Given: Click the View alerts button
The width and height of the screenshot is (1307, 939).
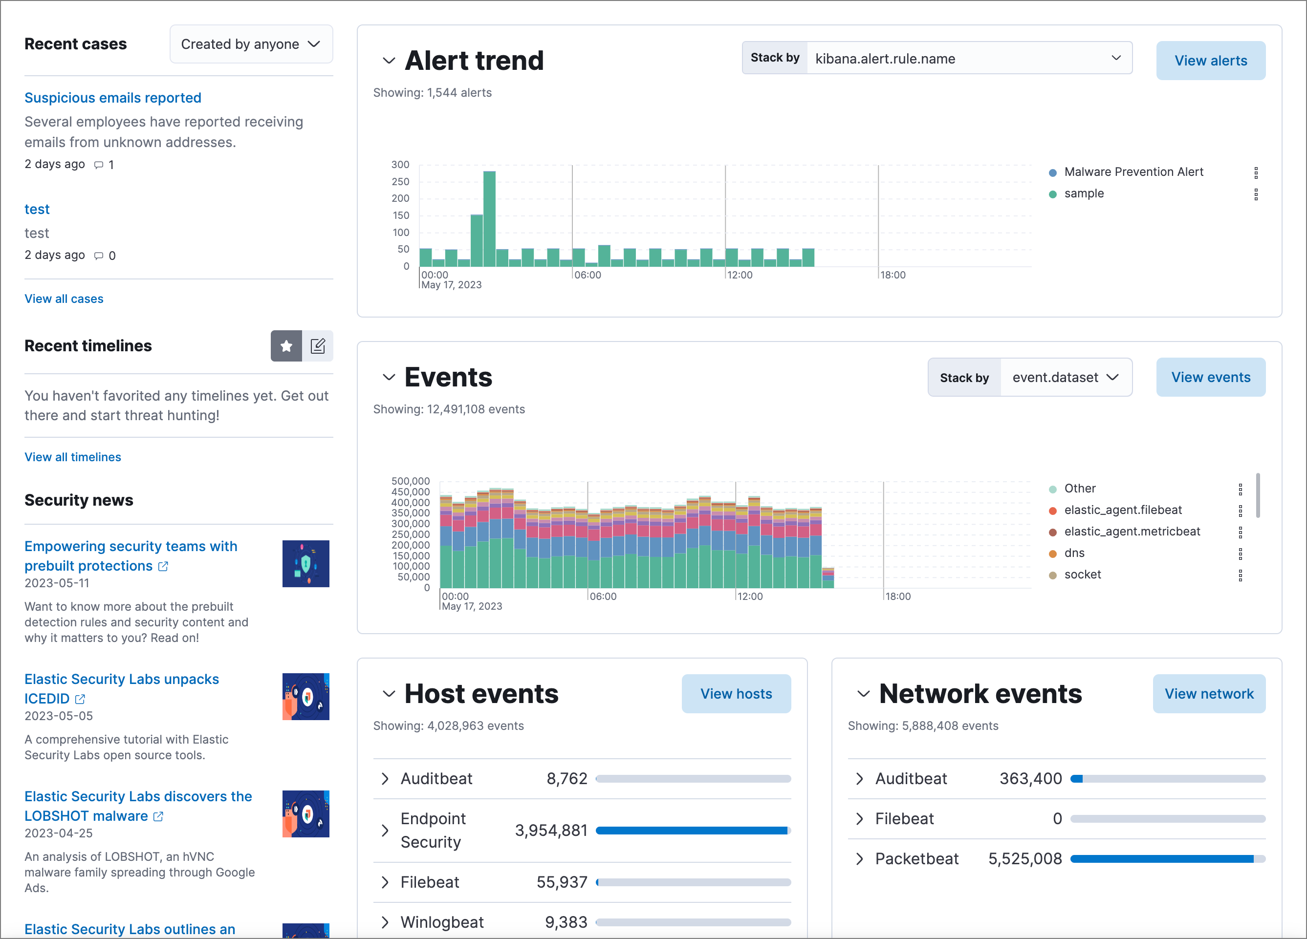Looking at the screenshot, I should (x=1210, y=61).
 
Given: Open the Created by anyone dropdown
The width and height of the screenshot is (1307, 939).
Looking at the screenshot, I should (x=251, y=44).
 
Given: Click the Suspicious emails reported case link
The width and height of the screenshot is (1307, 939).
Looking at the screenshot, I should (x=113, y=98).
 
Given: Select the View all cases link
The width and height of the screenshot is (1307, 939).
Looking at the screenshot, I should (x=64, y=299).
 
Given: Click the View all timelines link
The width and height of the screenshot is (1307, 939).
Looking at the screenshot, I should (x=73, y=457).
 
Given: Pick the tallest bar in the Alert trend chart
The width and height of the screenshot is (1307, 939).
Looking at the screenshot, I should (x=489, y=219).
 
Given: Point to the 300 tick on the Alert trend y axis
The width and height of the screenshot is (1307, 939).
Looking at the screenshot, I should (x=400, y=165).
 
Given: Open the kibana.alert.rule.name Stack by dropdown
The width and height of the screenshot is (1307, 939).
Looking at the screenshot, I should (x=968, y=58).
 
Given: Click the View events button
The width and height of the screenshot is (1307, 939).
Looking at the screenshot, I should (x=1210, y=377).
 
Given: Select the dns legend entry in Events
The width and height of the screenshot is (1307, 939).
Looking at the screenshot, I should (x=1074, y=553).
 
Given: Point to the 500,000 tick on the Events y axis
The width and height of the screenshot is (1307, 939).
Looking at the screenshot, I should (x=410, y=481).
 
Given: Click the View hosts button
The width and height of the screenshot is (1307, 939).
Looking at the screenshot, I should (x=736, y=694).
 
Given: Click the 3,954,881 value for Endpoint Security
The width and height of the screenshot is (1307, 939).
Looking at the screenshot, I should (x=551, y=831).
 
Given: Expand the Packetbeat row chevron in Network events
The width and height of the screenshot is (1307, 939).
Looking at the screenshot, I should (x=860, y=859).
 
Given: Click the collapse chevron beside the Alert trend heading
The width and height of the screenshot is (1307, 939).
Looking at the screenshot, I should (x=389, y=61).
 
